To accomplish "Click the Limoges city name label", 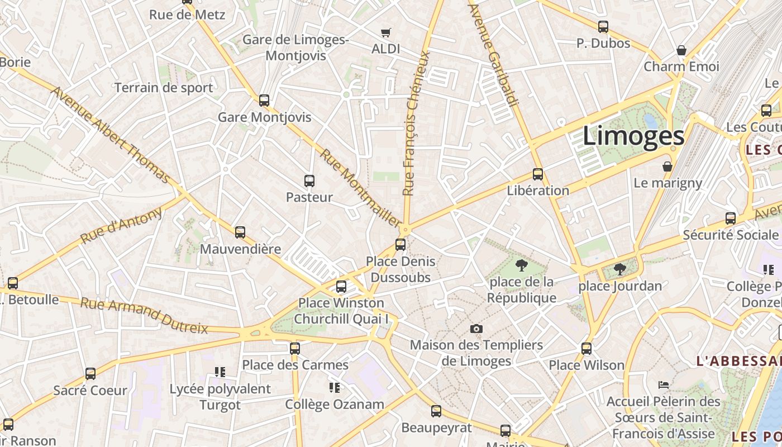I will pos(633,136).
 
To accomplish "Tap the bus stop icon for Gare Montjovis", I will pos(264,101).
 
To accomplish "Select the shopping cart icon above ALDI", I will pos(385,33).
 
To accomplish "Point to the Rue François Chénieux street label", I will pos(416,123).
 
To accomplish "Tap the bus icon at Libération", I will pos(538,174).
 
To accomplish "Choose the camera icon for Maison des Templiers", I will pos(476,329).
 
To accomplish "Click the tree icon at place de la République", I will pos(522,265).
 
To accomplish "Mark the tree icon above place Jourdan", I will pos(619,269).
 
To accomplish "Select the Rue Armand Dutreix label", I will pos(144,315).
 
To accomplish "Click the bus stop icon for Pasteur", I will pos(309,181).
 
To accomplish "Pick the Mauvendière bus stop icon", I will pos(240,232).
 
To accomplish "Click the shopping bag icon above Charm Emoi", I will pos(681,50).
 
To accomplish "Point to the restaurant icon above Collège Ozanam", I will pos(335,388).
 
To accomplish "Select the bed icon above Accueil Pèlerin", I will pos(664,385).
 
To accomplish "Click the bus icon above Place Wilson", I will pos(586,349).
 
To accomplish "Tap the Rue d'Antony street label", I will pos(121,225).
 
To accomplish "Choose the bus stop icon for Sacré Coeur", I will pos(90,374).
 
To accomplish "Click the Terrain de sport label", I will pos(164,88).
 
